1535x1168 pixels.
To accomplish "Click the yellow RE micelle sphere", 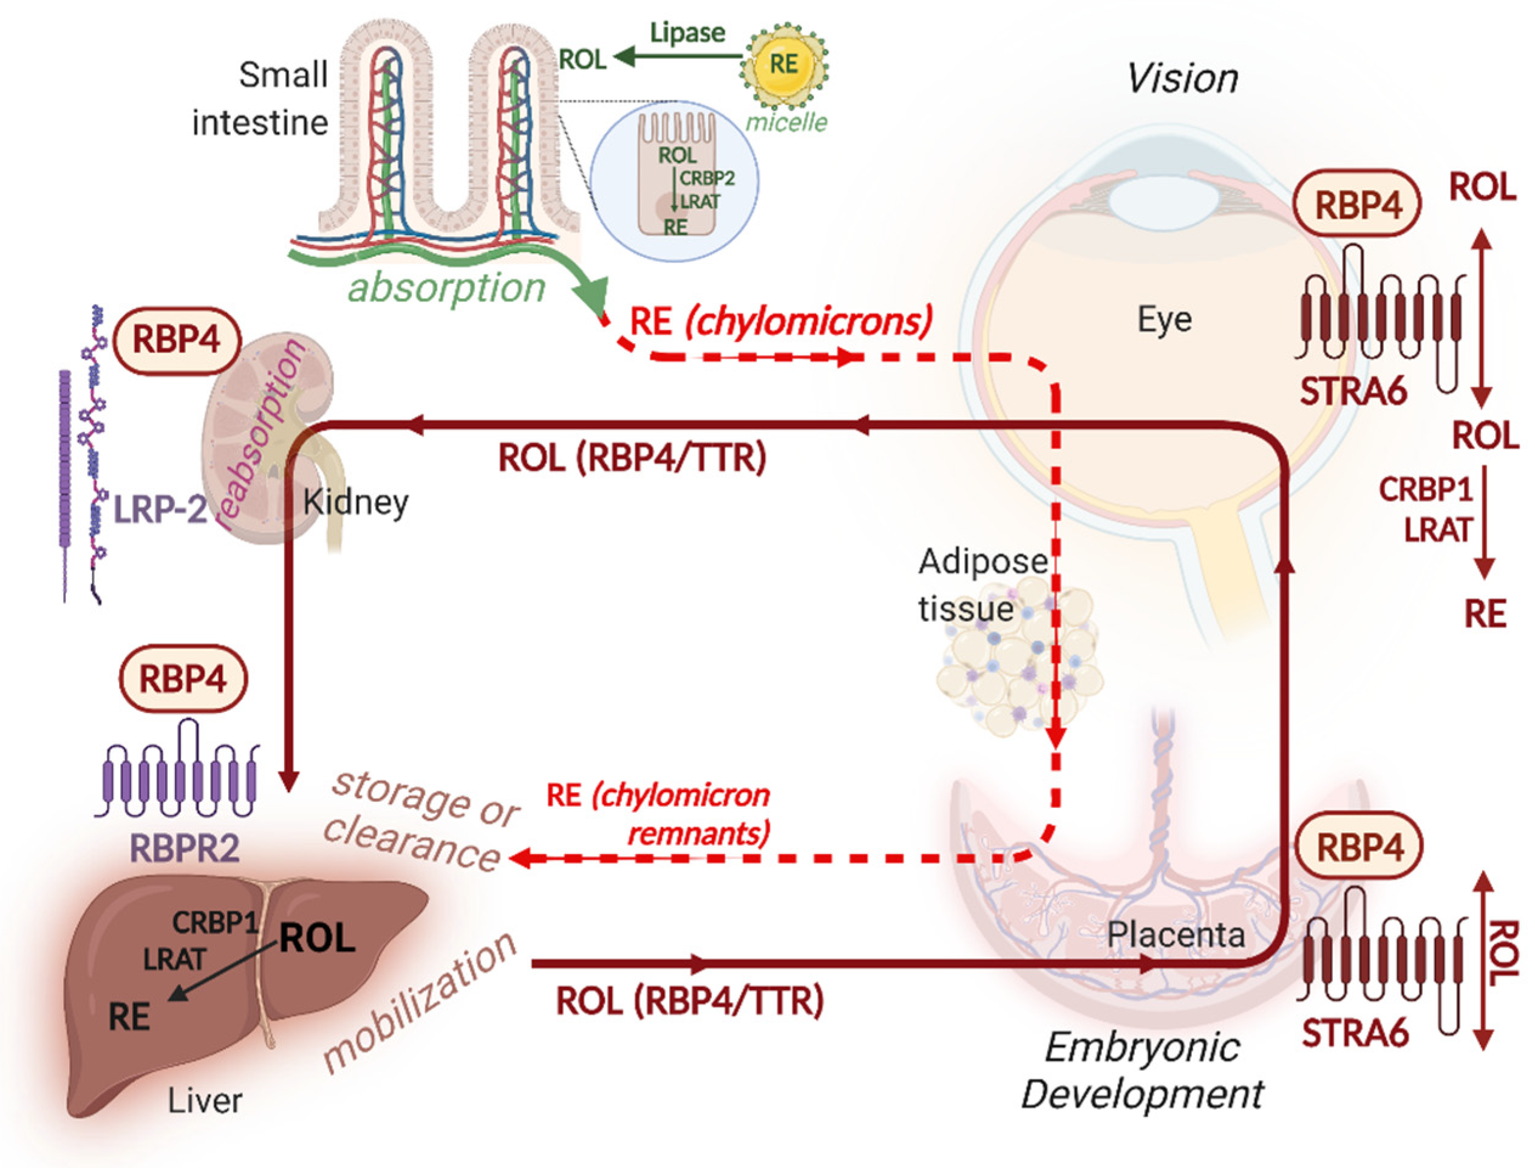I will pos(784,64).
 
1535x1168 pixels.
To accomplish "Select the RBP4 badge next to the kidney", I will pos(177,341).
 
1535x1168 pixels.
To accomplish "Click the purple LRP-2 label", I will pos(160,510).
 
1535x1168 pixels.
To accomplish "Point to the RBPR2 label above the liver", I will pos(184,848).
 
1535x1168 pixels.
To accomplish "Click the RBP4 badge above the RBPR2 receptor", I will pos(183,678).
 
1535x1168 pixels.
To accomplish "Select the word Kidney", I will pos(356,502).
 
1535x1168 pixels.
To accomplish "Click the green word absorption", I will pos(446,288).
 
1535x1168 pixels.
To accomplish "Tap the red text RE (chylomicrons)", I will pos(780,322).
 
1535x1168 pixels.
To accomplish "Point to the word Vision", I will pos(1181,78).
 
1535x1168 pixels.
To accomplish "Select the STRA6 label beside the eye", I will pos(1353,391).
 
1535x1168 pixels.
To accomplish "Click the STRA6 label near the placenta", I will pos(1354,1034).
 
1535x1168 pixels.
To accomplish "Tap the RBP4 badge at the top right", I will pos(1357,205).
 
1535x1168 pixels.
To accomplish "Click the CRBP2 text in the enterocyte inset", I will pos(706,179).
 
